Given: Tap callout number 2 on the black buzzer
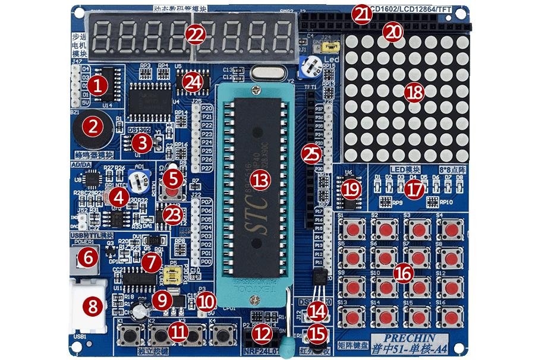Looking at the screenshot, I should tap(92, 125).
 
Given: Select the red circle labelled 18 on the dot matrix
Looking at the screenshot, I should tap(414, 92).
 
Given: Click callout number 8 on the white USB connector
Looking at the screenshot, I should tap(93, 307).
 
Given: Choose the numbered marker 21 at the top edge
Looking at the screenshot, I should tap(360, 15).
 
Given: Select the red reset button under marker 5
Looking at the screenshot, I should tap(174, 195).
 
